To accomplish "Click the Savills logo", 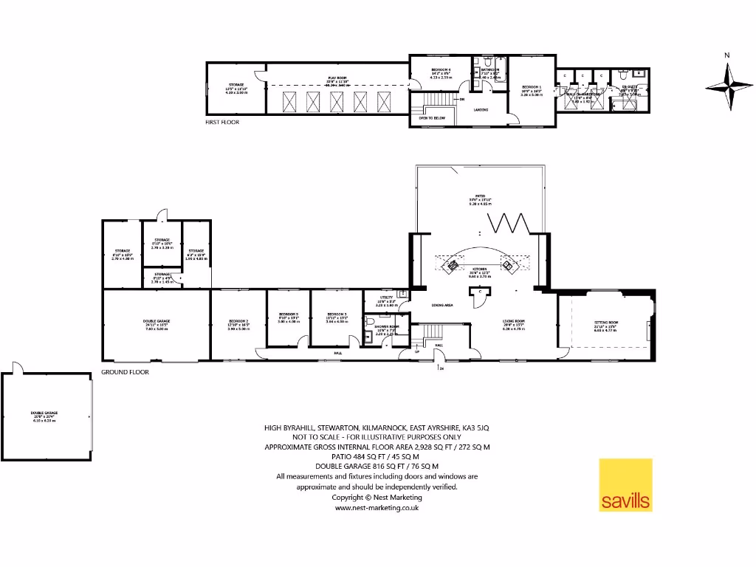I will click(625, 485).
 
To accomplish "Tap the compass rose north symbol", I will click(729, 86).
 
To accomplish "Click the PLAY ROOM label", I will click(337, 77).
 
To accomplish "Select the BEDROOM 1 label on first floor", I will click(531, 87).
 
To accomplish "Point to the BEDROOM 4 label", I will click(441, 70).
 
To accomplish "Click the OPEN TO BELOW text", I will click(432, 117).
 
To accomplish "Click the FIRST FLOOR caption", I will click(222, 122).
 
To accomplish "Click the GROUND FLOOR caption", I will click(125, 372).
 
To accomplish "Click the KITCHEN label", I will click(480, 269).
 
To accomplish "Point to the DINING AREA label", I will click(442, 305).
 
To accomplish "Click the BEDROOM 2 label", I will click(237, 321).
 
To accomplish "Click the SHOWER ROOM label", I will click(387, 326).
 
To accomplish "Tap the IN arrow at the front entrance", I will click(440, 366).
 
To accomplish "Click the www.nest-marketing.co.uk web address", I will click(377, 508).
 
